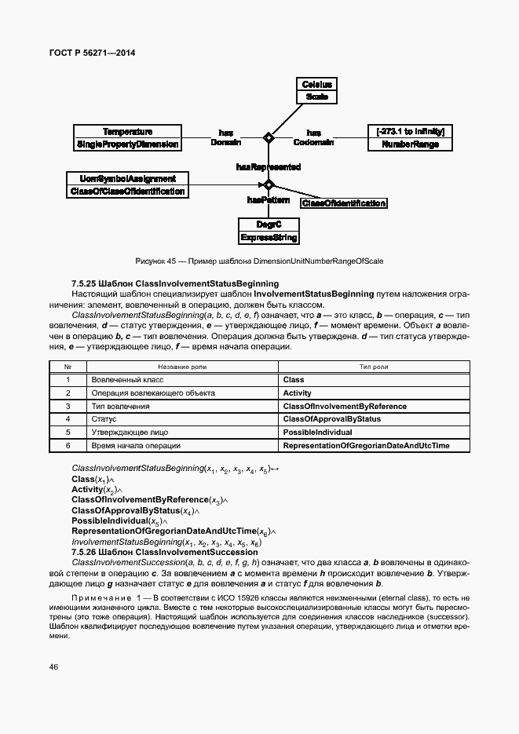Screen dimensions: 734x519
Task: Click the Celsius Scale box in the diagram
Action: (x=317, y=91)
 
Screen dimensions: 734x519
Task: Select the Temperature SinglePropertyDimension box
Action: (x=127, y=138)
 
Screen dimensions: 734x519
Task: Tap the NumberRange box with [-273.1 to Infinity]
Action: (x=411, y=138)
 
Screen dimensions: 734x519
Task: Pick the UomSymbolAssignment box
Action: (x=127, y=184)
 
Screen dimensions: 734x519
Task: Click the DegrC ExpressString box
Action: (x=269, y=231)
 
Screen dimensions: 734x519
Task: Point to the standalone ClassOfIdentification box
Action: (x=344, y=203)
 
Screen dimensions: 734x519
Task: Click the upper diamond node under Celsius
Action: (x=269, y=138)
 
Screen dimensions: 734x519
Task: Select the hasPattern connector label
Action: (x=262, y=200)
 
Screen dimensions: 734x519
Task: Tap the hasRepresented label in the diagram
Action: (x=268, y=167)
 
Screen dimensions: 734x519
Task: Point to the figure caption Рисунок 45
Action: (x=259, y=261)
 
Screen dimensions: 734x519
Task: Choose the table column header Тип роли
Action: (x=375, y=367)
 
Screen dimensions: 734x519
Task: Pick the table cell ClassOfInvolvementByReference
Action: (x=344, y=406)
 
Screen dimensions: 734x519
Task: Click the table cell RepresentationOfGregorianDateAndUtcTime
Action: (x=366, y=445)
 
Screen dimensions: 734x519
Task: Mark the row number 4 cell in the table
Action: (x=68, y=419)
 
